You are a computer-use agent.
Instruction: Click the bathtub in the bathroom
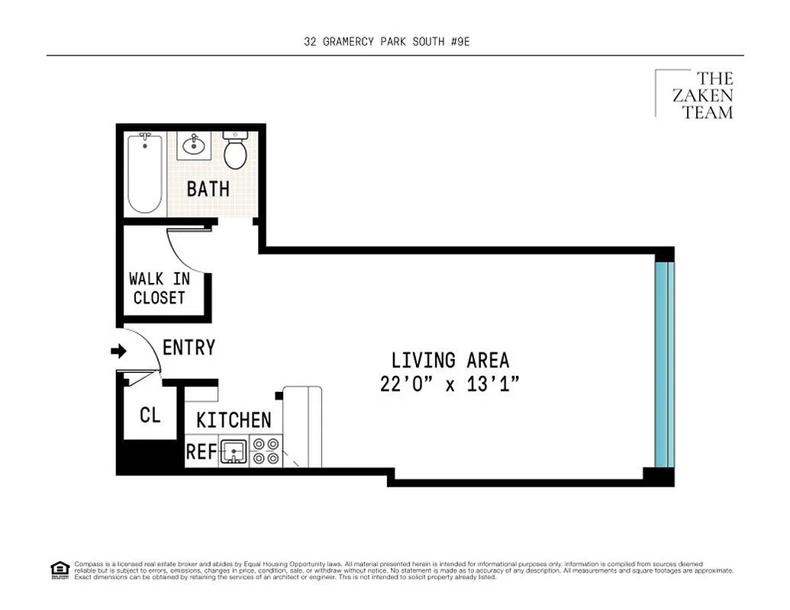coord(144,173)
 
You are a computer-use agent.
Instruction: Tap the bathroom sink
coord(195,144)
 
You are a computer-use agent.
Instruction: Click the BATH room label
coord(208,189)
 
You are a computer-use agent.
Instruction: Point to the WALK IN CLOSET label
coord(159,288)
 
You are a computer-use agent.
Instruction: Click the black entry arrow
coord(118,351)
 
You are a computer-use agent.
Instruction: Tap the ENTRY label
coord(189,348)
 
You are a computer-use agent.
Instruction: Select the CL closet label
coord(150,416)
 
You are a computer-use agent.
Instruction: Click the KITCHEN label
coord(233,420)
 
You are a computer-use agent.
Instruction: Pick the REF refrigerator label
coord(202,452)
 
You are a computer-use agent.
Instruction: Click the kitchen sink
coord(234,451)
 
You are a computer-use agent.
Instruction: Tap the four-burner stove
coord(266,451)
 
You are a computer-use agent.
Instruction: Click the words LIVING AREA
coord(450,360)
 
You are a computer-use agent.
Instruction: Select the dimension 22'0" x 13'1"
coord(450,384)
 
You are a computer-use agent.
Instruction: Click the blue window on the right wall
coord(664,364)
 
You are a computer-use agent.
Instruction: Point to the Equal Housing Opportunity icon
coord(60,569)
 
